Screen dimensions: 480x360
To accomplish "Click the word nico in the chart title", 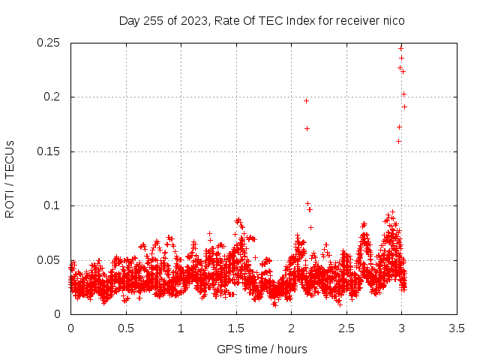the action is coord(394,21).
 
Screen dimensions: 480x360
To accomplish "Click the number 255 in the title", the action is coord(154,21).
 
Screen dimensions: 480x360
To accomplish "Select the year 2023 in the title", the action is coord(193,21).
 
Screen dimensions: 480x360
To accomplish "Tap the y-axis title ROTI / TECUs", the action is coord(10,179).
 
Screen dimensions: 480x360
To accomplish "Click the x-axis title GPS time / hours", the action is coord(262,349).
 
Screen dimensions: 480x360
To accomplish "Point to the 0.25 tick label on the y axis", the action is coord(48,43).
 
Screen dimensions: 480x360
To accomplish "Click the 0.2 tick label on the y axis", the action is coord(52,97).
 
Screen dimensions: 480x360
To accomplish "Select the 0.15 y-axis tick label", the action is coord(48,151).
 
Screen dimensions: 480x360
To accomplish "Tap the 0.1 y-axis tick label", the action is coord(52,205).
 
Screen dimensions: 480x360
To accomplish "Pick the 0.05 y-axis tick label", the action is coord(48,260).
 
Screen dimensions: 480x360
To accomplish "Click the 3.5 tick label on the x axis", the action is coord(457,328).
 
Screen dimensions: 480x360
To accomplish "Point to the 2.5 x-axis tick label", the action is coord(346,328).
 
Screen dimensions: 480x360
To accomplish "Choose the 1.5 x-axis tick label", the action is coord(236,328).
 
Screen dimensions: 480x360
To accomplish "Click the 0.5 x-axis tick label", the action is coord(126,328).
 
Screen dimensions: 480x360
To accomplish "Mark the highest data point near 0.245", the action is coord(400,48).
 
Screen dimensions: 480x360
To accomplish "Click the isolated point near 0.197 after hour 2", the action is coord(306,100).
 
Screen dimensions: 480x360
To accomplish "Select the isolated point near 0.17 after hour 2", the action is coord(307,128).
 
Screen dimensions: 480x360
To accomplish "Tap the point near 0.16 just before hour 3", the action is coord(398,141).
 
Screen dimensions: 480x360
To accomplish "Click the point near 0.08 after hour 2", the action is coord(310,227).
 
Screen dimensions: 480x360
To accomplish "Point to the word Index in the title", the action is coord(300,21).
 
